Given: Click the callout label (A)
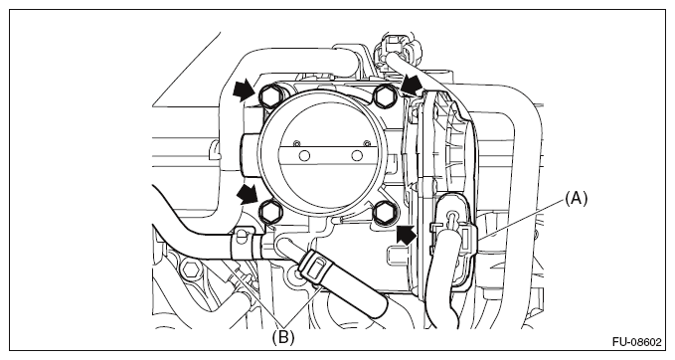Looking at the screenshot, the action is coord(576,199).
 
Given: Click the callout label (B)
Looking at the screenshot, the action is coord(283,337).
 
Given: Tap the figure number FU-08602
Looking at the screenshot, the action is coord(636,342).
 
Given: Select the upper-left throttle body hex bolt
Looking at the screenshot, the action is coord(270,96).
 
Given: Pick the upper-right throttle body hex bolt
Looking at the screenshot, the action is coord(383,96).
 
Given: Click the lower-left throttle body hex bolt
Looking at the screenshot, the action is coord(271,211).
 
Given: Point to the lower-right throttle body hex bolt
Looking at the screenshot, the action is coord(383,212).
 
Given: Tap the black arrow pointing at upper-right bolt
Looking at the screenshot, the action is coord(411,84).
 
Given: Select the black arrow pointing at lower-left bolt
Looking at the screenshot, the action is coord(248,194).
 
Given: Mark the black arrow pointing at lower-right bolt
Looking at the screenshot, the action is coord(406,235).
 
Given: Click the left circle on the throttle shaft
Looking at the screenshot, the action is coord(304,155).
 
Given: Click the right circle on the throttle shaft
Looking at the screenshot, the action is coord(357,155).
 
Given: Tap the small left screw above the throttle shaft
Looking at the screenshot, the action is coord(295,143).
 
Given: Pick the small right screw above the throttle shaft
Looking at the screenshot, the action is coord(367,143).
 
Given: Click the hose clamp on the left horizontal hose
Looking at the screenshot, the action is coord(247,244).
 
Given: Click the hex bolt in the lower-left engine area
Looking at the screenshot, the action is coord(190,270).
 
